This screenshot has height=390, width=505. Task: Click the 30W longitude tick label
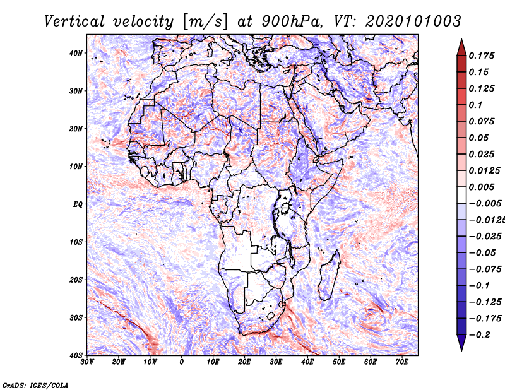(x=87, y=362)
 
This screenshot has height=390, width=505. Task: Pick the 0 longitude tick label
(x=182, y=362)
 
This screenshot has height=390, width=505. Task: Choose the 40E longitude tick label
(x=307, y=362)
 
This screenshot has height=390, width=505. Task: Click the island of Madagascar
(x=328, y=278)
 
